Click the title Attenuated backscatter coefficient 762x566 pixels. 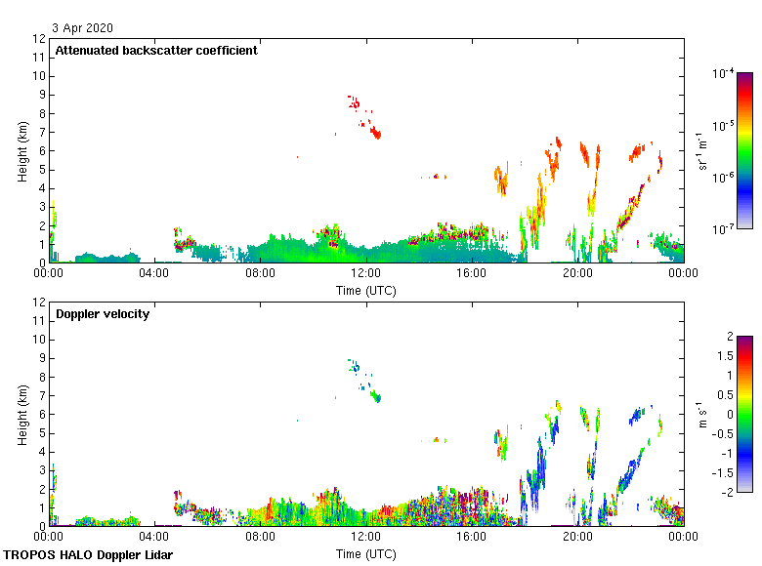[156, 51]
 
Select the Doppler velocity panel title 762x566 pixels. [103, 314]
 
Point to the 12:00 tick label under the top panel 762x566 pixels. [366, 274]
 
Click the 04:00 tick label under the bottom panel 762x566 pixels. [154, 537]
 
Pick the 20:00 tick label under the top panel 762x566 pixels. [577, 274]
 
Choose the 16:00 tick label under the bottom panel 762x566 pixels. [472, 537]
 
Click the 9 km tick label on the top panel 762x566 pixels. [39, 95]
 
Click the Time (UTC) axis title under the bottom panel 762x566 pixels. [366, 553]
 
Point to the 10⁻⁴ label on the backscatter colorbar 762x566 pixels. [724, 74]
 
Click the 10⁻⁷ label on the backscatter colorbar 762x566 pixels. [724, 229]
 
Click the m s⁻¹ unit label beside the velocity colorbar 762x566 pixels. [702, 414]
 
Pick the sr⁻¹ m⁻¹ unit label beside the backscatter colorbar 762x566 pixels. [702, 151]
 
